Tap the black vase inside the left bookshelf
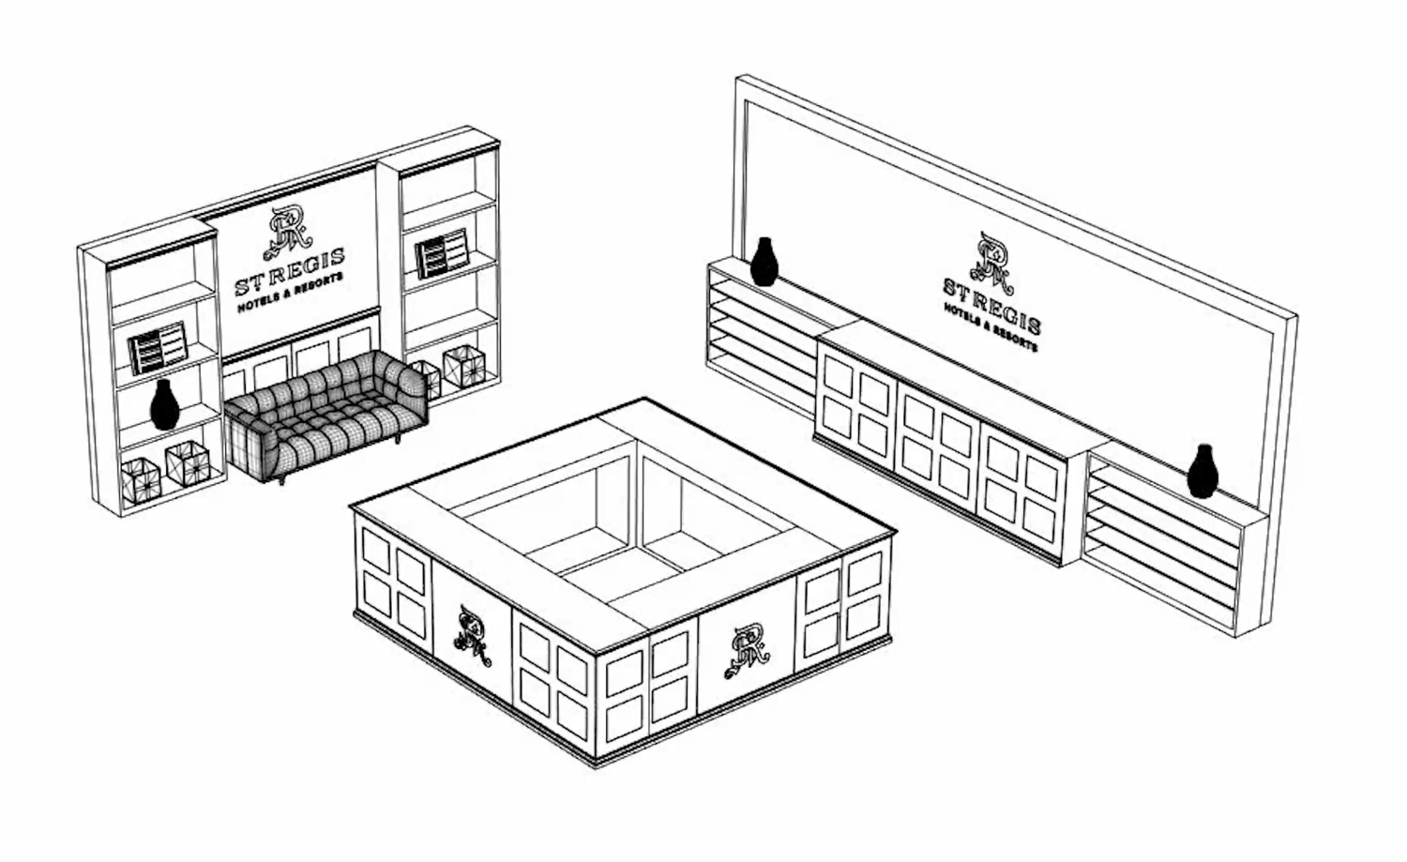tap(164, 405)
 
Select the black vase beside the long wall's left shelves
tap(764, 262)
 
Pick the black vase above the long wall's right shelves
tap(1202, 472)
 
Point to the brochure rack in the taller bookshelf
tap(442, 252)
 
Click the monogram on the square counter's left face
tap(471, 637)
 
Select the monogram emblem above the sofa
tap(287, 232)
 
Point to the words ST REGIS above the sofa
tap(289, 270)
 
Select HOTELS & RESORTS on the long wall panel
tap(991, 328)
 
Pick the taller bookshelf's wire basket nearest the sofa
tap(424, 377)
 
